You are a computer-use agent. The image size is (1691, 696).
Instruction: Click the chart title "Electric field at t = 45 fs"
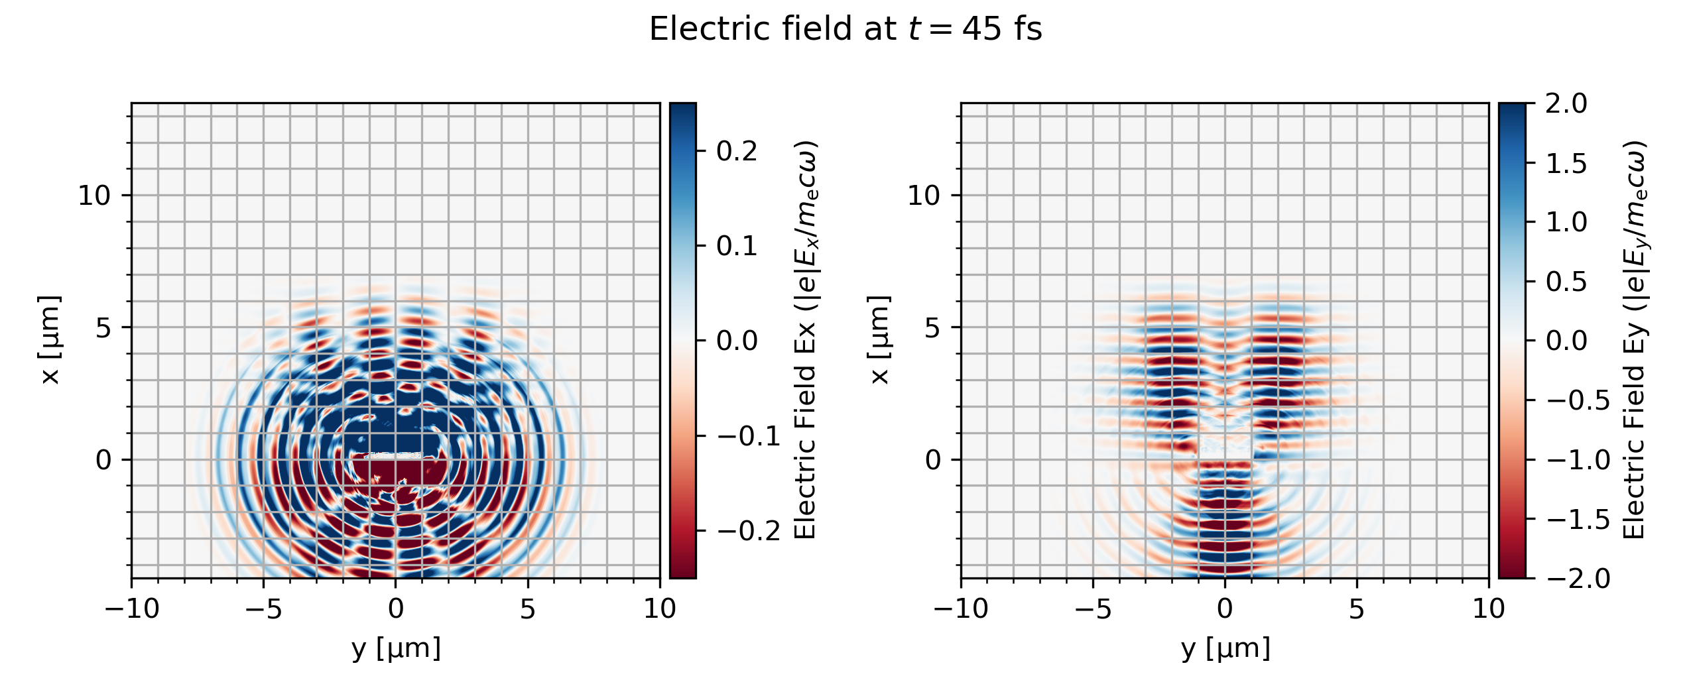(845, 30)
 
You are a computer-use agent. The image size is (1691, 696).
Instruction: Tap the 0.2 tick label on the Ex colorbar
(737, 151)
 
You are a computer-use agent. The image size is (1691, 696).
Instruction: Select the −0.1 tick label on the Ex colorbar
(748, 436)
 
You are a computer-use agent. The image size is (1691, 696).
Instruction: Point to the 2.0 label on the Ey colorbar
(1566, 103)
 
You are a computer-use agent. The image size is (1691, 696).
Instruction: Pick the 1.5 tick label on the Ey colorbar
(1566, 163)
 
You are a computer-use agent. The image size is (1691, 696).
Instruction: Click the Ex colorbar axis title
(805, 340)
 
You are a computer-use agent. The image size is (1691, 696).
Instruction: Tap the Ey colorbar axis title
(1635, 340)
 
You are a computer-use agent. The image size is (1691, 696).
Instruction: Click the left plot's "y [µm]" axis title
(396, 648)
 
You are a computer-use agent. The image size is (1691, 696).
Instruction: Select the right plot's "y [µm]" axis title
(1225, 648)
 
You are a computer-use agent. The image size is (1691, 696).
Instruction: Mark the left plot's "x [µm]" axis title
(50, 340)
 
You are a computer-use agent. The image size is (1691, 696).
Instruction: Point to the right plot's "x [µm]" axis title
(879, 340)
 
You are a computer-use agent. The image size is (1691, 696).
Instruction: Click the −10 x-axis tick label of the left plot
(132, 609)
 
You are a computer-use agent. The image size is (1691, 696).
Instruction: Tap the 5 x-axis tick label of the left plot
(528, 609)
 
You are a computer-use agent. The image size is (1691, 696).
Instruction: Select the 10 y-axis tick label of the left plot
(94, 196)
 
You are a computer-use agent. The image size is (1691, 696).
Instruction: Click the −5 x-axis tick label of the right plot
(1094, 609)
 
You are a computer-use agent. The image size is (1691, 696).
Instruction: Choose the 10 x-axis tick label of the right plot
(1489, 609)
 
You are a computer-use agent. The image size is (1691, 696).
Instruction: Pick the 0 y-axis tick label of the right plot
(933, 459)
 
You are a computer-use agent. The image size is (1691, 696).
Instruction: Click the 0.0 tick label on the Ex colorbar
(737, 341)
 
